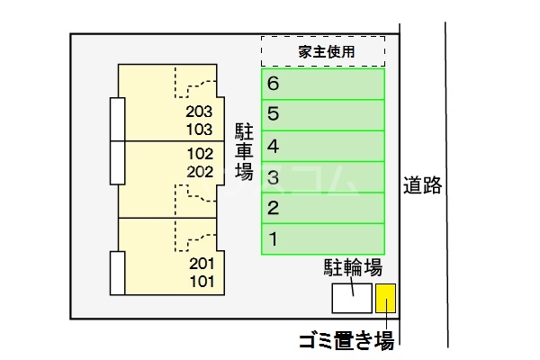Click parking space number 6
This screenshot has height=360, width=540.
[x=323, y=84]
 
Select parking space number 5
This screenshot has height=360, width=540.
[x=323, y=114]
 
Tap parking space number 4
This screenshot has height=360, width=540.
[x=323, y=146]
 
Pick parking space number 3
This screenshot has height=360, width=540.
[x=323, y=177]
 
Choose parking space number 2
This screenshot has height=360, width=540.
[x=323, y=209]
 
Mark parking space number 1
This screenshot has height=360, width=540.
[x=323, y=239]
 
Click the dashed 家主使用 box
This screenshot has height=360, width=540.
[x=323, y=51]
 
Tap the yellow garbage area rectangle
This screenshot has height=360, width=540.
[x=385, y=298]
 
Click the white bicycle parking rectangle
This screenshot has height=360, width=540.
[x=351, y=298]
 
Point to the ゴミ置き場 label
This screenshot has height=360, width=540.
[x=346, y=340]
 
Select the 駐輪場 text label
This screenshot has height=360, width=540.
[x=354, y=267]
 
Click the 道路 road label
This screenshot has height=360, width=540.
[x=422, y=186]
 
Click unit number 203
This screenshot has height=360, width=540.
[x=199, y=112]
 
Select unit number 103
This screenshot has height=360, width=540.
[x=199, y=129]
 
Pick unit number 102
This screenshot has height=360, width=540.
[x=199, y=153]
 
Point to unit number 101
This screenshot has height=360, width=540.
[x=202, y=281]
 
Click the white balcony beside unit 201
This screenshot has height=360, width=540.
[x=117, y=274]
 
